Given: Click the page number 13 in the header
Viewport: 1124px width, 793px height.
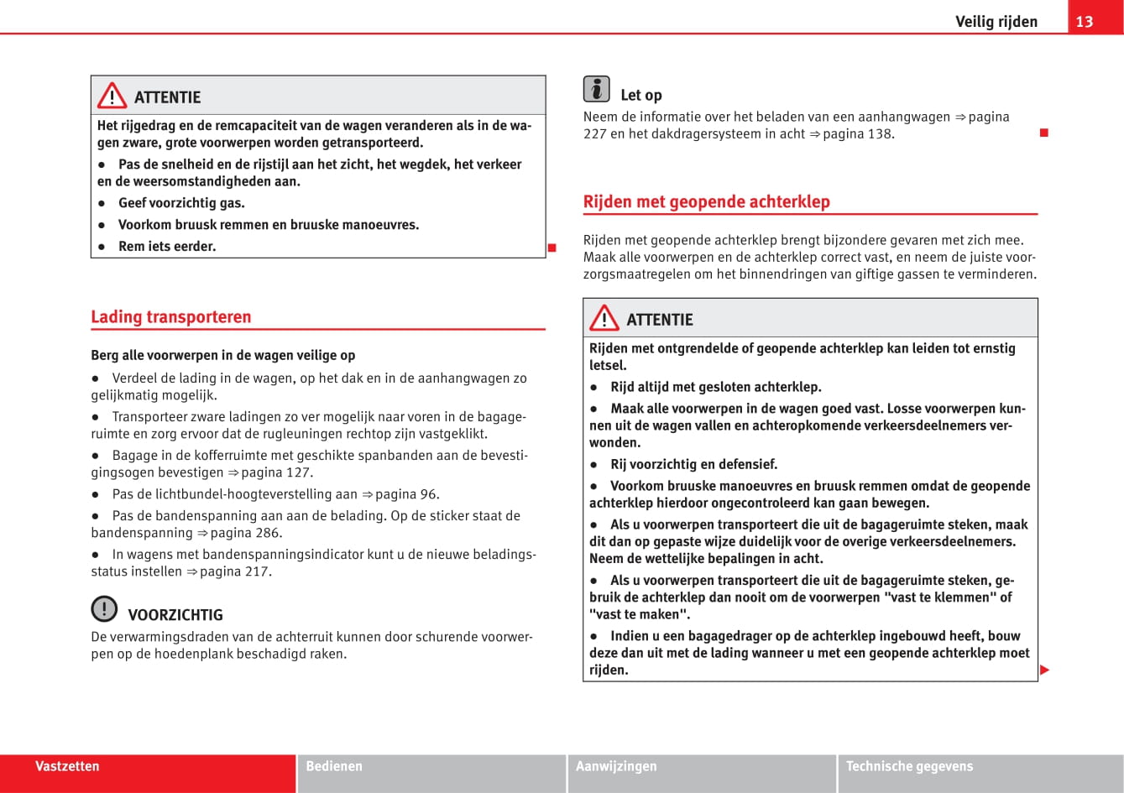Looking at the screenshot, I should [x=1085, y=21].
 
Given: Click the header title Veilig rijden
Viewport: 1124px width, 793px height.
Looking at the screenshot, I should [x=996, y=21].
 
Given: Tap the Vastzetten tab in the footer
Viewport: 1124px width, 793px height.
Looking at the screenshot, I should [x=67, y=766].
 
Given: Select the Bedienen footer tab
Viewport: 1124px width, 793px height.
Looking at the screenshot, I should [x=334, y=766].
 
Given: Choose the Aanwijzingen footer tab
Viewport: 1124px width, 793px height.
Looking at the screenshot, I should [x=616, y=766].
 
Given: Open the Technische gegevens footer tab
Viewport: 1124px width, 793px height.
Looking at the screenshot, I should [x=909, y=766].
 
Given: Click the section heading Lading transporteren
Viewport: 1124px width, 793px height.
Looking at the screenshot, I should [x=171, y=316].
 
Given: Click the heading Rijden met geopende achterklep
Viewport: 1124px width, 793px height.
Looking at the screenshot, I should [x=706, y=201].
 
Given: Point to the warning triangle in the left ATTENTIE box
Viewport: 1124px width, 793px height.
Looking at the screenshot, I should [x=112, y=97].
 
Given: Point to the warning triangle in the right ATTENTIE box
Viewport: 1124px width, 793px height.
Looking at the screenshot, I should [x=604, y=319].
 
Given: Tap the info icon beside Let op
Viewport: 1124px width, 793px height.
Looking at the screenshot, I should [x=596, y=88].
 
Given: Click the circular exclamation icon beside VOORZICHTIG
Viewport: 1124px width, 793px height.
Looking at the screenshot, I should [x=104, y=608].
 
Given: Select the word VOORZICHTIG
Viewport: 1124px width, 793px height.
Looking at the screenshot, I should [x=175, y=615].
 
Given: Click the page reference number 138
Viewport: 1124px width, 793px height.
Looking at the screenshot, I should [x=879, y=133].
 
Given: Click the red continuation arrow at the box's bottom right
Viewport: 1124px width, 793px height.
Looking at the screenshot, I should [x=1045, y=670].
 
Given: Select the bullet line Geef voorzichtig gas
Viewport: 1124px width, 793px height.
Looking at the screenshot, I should [x=181, y=203].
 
